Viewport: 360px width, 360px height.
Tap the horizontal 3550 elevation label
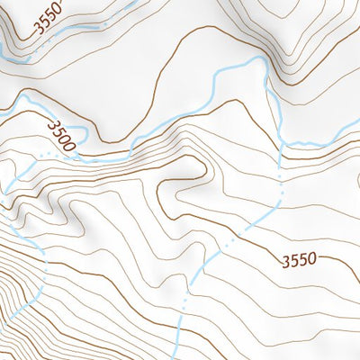click(298, 261)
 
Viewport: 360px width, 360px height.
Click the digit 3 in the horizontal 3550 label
click(284, 261)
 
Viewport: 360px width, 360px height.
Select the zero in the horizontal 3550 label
click(311, 261)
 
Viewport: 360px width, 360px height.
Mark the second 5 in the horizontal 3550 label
click(302, 261)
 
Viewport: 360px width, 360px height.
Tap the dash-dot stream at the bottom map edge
click(178, 357)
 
